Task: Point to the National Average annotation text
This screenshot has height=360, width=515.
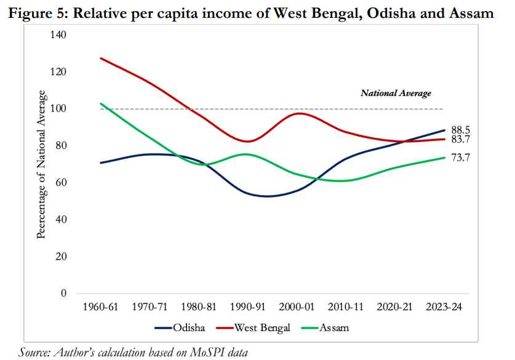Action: coord(396,94)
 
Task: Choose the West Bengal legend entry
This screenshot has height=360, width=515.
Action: coord(261,327)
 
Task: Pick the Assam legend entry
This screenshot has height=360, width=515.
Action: coord(333,327)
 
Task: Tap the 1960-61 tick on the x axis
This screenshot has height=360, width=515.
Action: coord(100,306)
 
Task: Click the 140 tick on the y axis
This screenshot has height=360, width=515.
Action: coord(57,35)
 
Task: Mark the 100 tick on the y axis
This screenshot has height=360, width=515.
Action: coord(57,109)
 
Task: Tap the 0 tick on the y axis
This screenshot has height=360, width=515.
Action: coord(63,294)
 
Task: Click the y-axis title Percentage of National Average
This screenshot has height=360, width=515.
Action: coord(42,164)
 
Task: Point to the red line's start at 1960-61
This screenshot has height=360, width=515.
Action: coord(100,58)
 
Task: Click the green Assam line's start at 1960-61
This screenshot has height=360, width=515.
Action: coord(100,103)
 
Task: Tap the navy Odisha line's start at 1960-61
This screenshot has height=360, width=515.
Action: coord(100,163)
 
